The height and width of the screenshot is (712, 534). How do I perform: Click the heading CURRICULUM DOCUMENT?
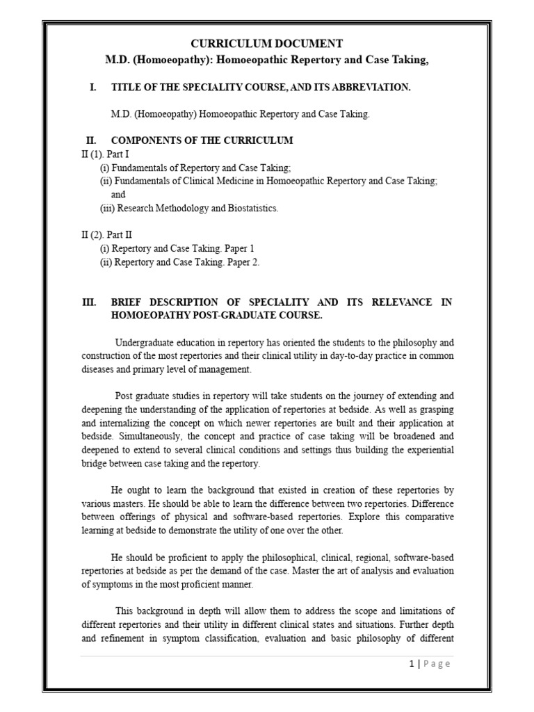coord(266,44)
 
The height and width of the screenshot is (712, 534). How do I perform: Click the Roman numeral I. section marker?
coord(93,87)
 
